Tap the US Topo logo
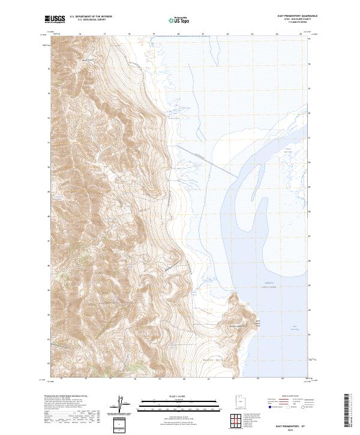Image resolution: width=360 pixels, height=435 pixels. click(179, 19)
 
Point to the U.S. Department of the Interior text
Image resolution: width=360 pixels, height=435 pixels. click(91, 17)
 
